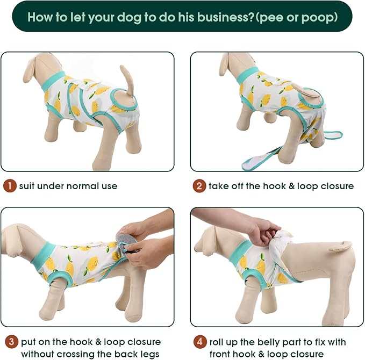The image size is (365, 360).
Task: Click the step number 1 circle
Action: [x=9, y=186]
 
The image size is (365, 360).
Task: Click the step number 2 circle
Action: [x=199, y=186]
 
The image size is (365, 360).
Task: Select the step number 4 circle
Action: [x=199, y=341]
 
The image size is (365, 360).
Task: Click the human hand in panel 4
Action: [x=263, y=231]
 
